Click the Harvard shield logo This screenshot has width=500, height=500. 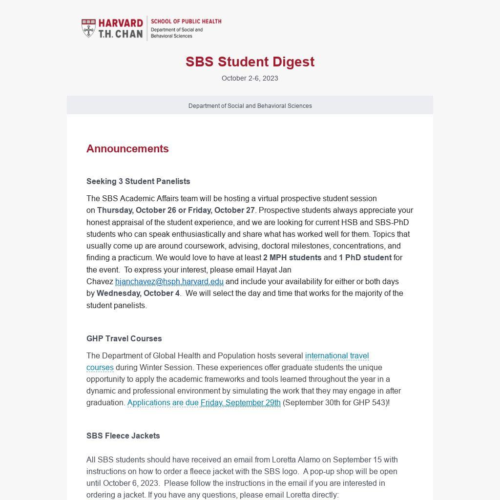(88, 28)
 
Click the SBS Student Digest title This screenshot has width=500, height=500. (250, 62)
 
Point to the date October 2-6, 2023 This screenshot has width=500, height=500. (250, 78)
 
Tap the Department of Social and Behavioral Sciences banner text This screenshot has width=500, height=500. (250, 105)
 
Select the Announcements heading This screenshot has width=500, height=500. (127, 148)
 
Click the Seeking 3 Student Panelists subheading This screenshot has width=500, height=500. (138, 181)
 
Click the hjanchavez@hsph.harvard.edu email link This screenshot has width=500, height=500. (169, 281)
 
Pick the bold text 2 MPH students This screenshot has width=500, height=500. (292, 257)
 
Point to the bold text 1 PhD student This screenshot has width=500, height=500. (365, 257)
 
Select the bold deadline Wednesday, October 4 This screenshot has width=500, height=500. (138, 293)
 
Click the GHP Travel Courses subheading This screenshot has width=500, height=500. (124, 338)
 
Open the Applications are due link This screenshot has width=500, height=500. (163, 402)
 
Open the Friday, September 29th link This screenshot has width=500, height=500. (240, 402)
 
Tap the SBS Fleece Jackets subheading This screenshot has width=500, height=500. (123, 436)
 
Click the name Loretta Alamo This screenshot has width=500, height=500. (296, 459)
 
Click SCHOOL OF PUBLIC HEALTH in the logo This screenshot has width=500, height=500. (186, 21)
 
